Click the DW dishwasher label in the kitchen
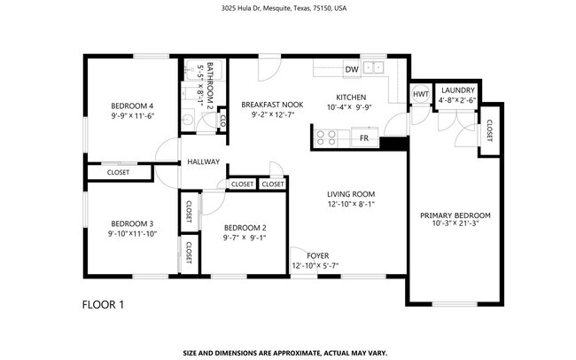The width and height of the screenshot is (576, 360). pyautogui.click(x=352, y=68)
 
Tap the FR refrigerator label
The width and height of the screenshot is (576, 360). pyautogui.click(x=364, y=138)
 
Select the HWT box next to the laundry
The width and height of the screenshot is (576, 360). pyautogui.click(x=421, y=94)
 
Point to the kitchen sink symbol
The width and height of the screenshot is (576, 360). pyautogui.click(x=376, y=66)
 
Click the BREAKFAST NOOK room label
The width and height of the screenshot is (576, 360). pyautogui.click(x=272, y=105)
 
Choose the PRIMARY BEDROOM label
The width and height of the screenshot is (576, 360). pyautogui.click(x=455, y=215)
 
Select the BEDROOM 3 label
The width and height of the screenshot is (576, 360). pyautogui.click(x=133, y=223)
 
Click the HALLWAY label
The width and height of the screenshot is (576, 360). pyautogui.click(x=203, y=162)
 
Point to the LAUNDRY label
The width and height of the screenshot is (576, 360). pyautogui.click(x=458, y=90)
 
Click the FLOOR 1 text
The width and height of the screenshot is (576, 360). pyautogui.click(x=103, y=305)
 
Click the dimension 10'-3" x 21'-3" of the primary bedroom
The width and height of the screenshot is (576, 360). pyautogui.click(x=455, y=223)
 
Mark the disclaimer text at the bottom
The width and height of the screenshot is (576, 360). pyautogui.click(x=285, y=352)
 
